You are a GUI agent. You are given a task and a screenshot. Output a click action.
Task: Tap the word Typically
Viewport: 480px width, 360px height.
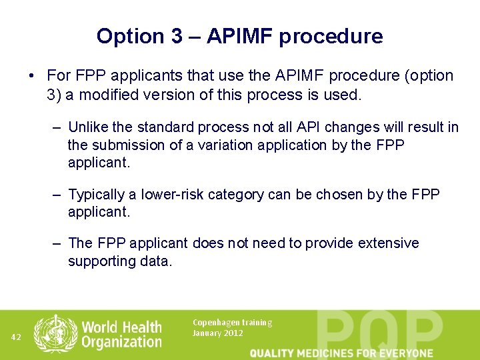tap(97, 195)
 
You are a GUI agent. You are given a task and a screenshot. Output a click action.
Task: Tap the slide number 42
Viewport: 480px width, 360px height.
tap(17, 337)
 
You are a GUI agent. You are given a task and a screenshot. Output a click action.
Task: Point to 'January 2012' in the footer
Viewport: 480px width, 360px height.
tap(217, 333)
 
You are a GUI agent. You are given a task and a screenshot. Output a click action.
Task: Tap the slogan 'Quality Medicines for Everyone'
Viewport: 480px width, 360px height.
tap(341, 353)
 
